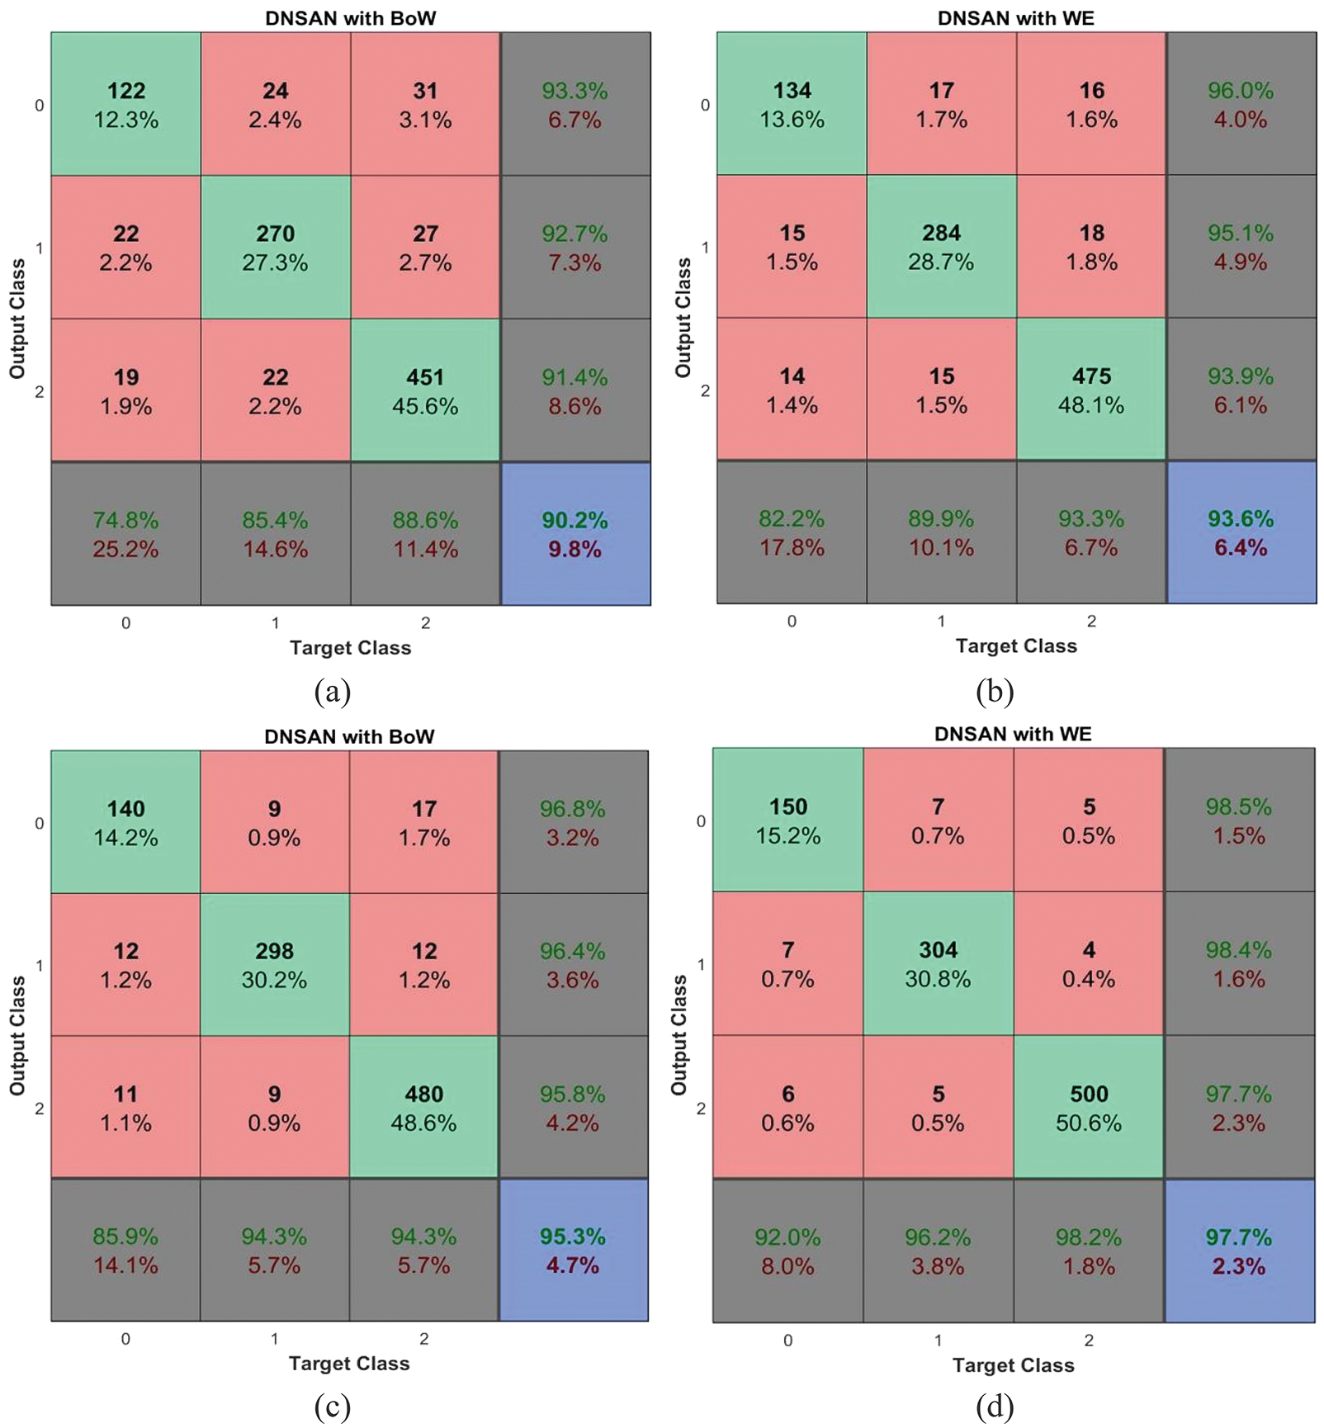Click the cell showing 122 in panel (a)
125,104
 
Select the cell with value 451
425,390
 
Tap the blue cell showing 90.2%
575,534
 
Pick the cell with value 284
941,246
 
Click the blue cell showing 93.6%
1241,532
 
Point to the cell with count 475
1091,390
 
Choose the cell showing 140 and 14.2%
125,822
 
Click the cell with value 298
274,965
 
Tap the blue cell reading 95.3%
573,1250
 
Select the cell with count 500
1089,1107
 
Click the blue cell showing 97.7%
1239,1251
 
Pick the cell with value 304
939,963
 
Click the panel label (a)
333,691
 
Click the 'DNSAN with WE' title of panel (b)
1015,18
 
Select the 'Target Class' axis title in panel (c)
349,1363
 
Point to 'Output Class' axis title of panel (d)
679,1035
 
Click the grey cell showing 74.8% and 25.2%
125,534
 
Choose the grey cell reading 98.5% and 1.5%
1239,820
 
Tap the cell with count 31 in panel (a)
425,104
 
